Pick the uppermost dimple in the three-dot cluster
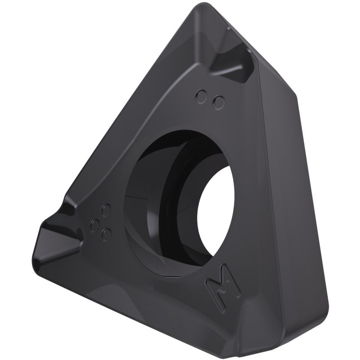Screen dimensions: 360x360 pos(106,210)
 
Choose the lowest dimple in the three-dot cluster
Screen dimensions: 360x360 pos(106,234)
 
